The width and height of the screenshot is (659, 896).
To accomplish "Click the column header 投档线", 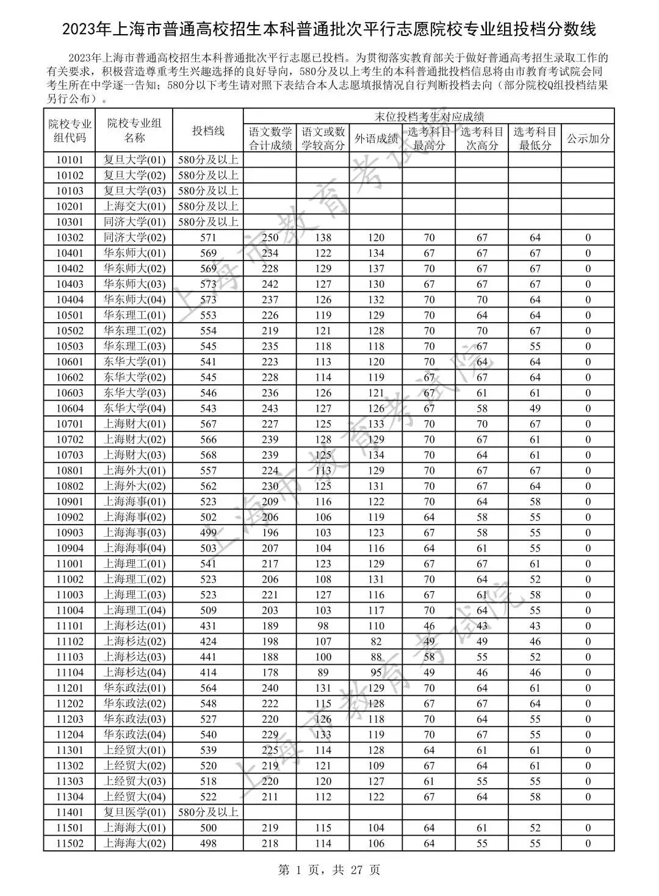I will point(208,131).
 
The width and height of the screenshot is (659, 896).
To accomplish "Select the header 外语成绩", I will point(376,138).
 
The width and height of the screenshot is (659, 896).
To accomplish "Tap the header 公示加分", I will point(588,138).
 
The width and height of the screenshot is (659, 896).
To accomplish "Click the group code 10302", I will point(70,238).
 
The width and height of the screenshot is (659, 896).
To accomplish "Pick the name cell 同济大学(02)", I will point(134,238).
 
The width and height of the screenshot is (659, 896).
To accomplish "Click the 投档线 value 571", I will point(208,238).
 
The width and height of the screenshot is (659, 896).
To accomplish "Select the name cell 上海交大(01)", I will point(134,207).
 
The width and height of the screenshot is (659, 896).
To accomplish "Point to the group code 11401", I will point(70,812).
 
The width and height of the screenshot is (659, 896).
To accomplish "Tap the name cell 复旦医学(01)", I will point(134,812).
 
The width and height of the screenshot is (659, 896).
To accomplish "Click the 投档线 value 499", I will point(208,533).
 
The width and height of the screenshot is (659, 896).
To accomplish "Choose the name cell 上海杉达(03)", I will point(134,657).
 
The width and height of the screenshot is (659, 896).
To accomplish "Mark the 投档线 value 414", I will point(208,673).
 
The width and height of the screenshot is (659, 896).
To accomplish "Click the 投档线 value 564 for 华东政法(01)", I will point(208,688).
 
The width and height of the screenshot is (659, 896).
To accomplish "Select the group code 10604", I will point(70,409).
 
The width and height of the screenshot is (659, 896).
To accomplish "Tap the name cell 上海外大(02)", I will point(134,486).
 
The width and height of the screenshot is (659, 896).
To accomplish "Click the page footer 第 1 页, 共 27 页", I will point(329,870).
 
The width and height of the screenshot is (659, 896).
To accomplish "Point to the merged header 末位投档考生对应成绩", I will point(429,116).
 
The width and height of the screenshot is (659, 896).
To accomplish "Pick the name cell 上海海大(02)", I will point(134,844).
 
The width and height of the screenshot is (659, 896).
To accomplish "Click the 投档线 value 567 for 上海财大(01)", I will point(208,424).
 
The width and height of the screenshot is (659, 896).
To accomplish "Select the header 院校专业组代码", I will point(70,131).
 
